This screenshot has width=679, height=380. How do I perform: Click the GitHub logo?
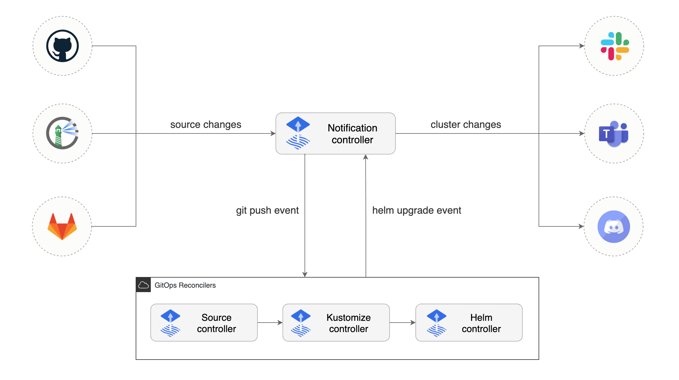click(63, 46)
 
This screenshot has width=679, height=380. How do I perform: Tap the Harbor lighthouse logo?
click(63, 133)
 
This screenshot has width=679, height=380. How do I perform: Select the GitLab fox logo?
click(62, 226)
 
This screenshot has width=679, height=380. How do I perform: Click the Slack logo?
click(614, 46)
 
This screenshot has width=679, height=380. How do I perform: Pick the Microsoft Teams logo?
click(614, 134)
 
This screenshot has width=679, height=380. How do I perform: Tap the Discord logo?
click(614, 227)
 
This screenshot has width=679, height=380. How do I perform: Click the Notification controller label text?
click(352, 134)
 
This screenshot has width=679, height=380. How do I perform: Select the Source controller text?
click(216, 323)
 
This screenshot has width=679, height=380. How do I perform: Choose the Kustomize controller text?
click(348, 323)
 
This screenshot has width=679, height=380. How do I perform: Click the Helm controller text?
click(481, 323)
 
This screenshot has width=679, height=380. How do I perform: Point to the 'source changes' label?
click(206, 125)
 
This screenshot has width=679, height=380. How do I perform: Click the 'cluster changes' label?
click(466, 125)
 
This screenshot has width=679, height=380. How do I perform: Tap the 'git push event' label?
click(267, 210)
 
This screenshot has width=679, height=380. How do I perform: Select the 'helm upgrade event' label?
click(417, 210)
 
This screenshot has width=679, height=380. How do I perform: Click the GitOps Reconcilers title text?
click(185, 285)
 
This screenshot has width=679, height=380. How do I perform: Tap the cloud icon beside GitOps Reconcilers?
click(144, 285)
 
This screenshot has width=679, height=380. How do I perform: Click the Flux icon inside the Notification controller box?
click(298, 133)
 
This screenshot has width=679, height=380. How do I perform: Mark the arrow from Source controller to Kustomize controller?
click(270, 323)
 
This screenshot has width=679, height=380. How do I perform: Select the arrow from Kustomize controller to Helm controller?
click(402, 323)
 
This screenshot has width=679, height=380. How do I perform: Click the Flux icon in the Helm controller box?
click(436, 323)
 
